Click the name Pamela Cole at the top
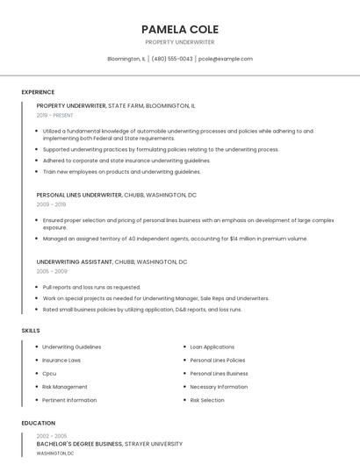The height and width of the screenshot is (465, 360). point(180,29)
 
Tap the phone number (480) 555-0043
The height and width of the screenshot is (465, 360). point(172,59)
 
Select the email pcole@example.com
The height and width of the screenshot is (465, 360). point(226,59)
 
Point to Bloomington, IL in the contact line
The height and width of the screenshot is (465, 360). point(126,59)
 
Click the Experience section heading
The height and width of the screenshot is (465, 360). point(38,92)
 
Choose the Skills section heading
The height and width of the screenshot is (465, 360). point(30,330)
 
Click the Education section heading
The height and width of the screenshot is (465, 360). point(38,423)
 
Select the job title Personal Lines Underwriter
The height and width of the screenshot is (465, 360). point(79,195)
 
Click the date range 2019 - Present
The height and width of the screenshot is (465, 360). point(55,115)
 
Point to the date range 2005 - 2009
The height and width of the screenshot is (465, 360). point(52,271)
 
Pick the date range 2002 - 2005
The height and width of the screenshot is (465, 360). point(52,436)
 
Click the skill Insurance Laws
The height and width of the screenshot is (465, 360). point(61,360)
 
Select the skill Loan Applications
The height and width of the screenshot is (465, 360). point(212,347)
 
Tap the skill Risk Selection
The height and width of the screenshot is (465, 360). point(207,400)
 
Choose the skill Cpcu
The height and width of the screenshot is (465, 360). point(50,373)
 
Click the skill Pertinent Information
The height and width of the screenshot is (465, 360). point(69,400)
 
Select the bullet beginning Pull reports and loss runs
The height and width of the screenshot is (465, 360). point(91,287)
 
